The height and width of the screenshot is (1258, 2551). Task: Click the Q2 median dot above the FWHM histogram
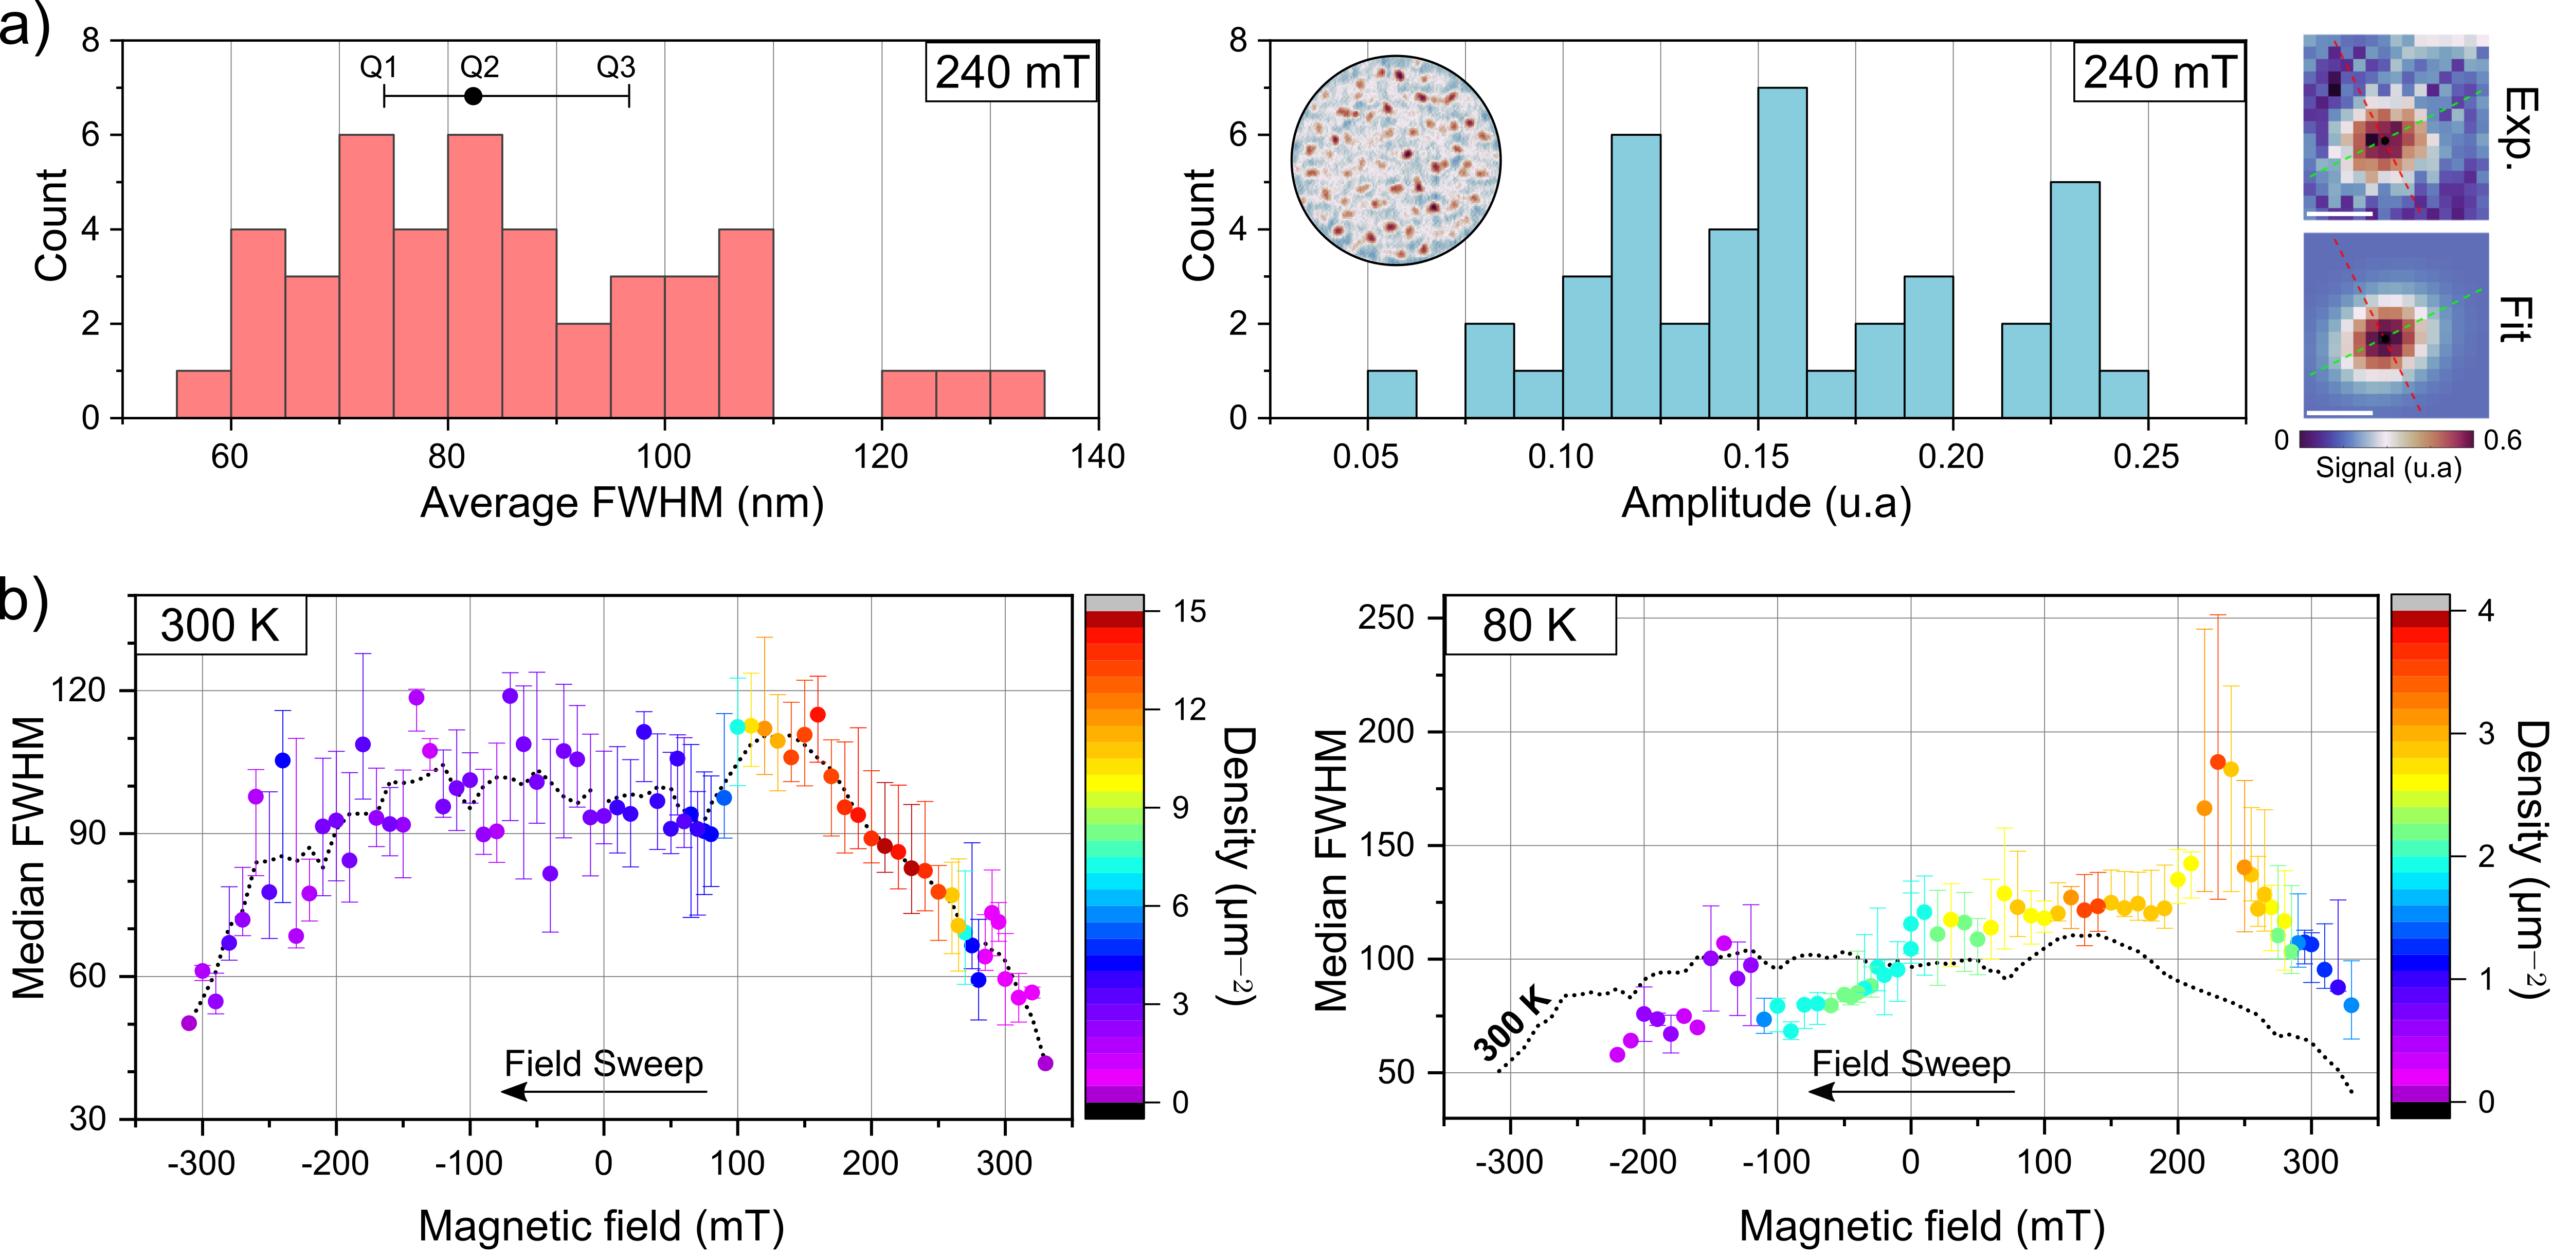click(474, 96)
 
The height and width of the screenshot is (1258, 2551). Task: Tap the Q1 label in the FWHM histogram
click(378, 67)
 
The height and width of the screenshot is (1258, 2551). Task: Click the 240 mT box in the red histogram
click(1011, 73)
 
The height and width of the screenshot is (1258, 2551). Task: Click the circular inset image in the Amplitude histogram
click(1396, 161)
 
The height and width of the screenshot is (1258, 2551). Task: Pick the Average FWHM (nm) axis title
click(622, 503)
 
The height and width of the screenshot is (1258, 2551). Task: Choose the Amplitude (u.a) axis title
click(1766, 503)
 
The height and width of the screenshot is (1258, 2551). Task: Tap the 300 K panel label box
click(220, 626)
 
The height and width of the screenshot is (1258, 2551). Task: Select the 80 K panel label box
click(1529, 626)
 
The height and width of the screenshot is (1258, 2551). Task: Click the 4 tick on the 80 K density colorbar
click(2486, 611)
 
